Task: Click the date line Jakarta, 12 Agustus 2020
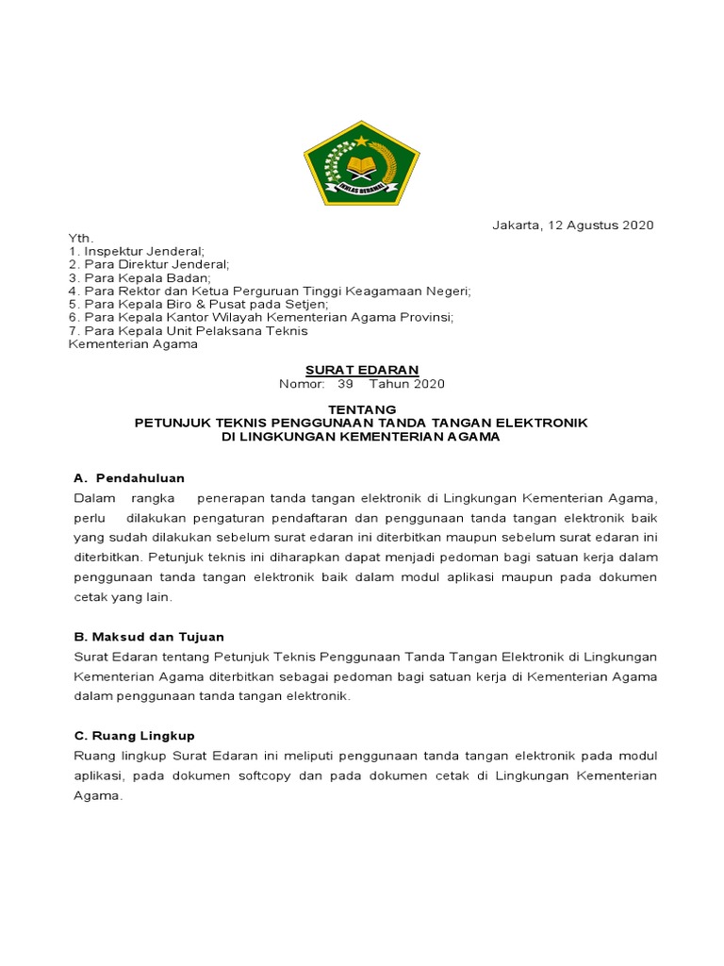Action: (x=573, y=225)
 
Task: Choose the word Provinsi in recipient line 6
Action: (x=427, y=318)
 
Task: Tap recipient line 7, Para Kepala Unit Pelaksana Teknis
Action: (x=188, y=331)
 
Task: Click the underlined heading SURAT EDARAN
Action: (x=361, y=370)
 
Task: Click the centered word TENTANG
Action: (x=361, y=409)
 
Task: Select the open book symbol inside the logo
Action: (x=361, y=167)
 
